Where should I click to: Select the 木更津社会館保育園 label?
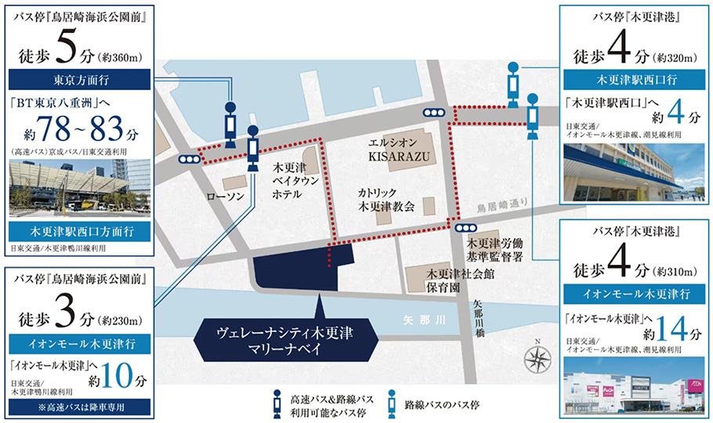coord(454,280)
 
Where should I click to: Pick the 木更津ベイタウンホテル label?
coord(294,182)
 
